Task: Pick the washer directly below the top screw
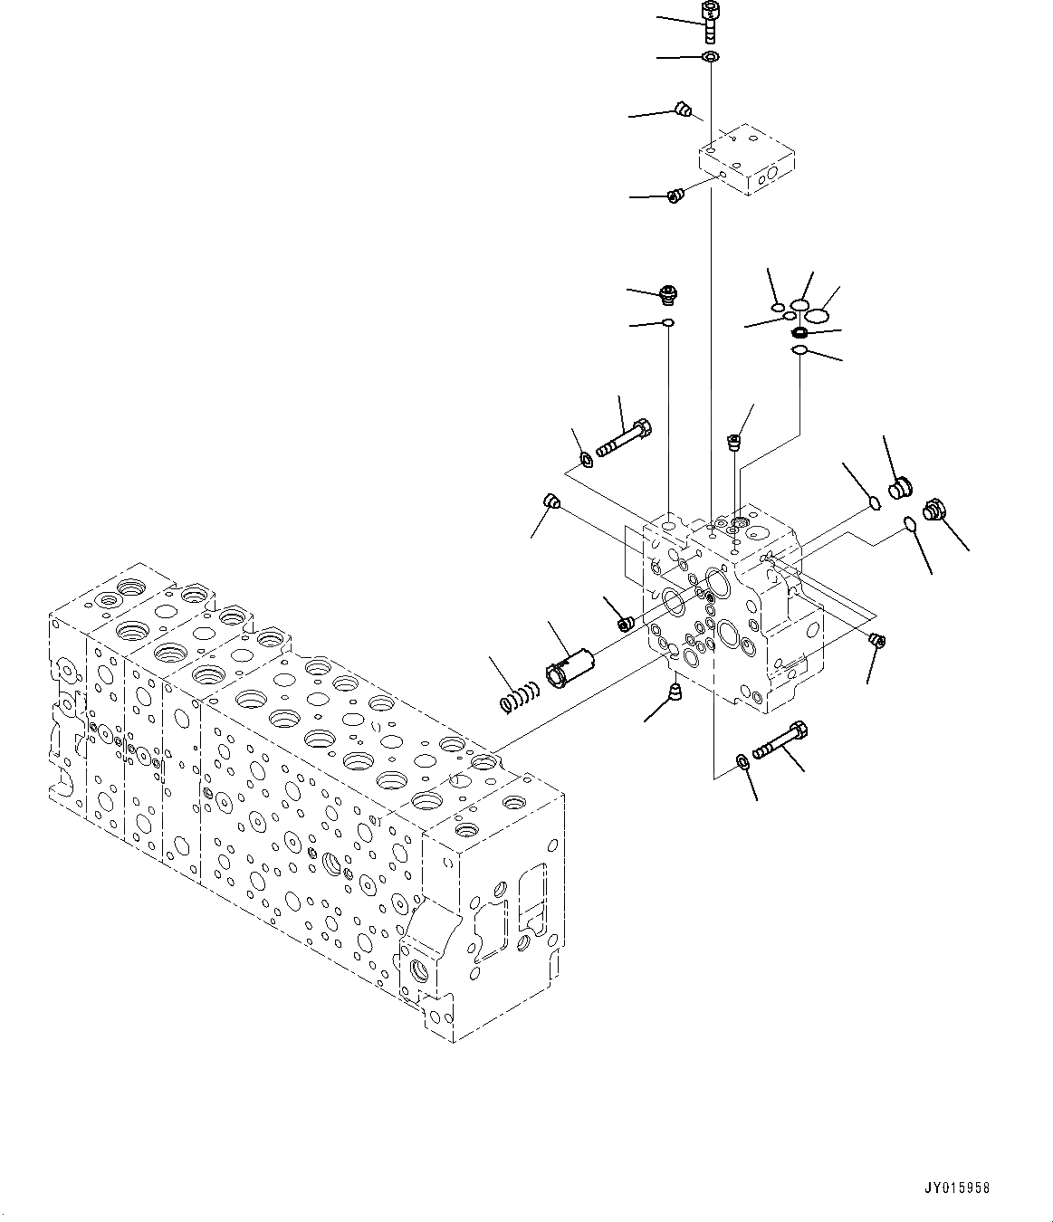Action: pyautogui.click(x=711, y=58)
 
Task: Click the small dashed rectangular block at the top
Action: pyautogui.click(x=747, y=160)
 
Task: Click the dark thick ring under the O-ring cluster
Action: pyautogui.click(x=799, y=332)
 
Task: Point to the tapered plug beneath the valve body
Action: pyautogui.click(x=674, y=694)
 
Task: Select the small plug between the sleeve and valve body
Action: pyautogui.click(x=624, y=623)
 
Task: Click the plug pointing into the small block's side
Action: pyautogui.click(x=674, y=195)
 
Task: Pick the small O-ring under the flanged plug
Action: pyautogui.click(x=668, y=322)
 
